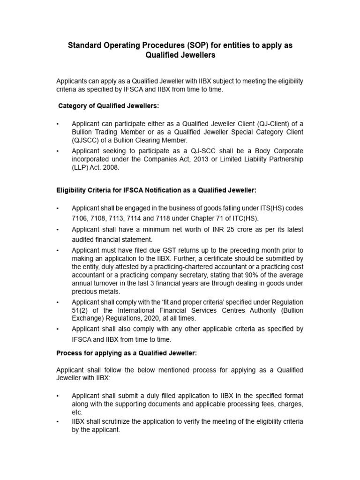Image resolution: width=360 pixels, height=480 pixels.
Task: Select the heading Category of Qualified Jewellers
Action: pos(108,106)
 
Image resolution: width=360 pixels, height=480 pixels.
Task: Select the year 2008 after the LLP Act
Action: pos(111,168)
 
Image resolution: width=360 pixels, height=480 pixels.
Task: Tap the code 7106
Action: pos(80,219)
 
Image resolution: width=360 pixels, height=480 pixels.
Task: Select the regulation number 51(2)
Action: pos(81,310)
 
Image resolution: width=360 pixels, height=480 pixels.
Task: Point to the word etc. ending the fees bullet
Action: pos(77,412)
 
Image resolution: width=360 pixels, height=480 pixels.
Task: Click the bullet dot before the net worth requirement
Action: pos(58,230)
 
